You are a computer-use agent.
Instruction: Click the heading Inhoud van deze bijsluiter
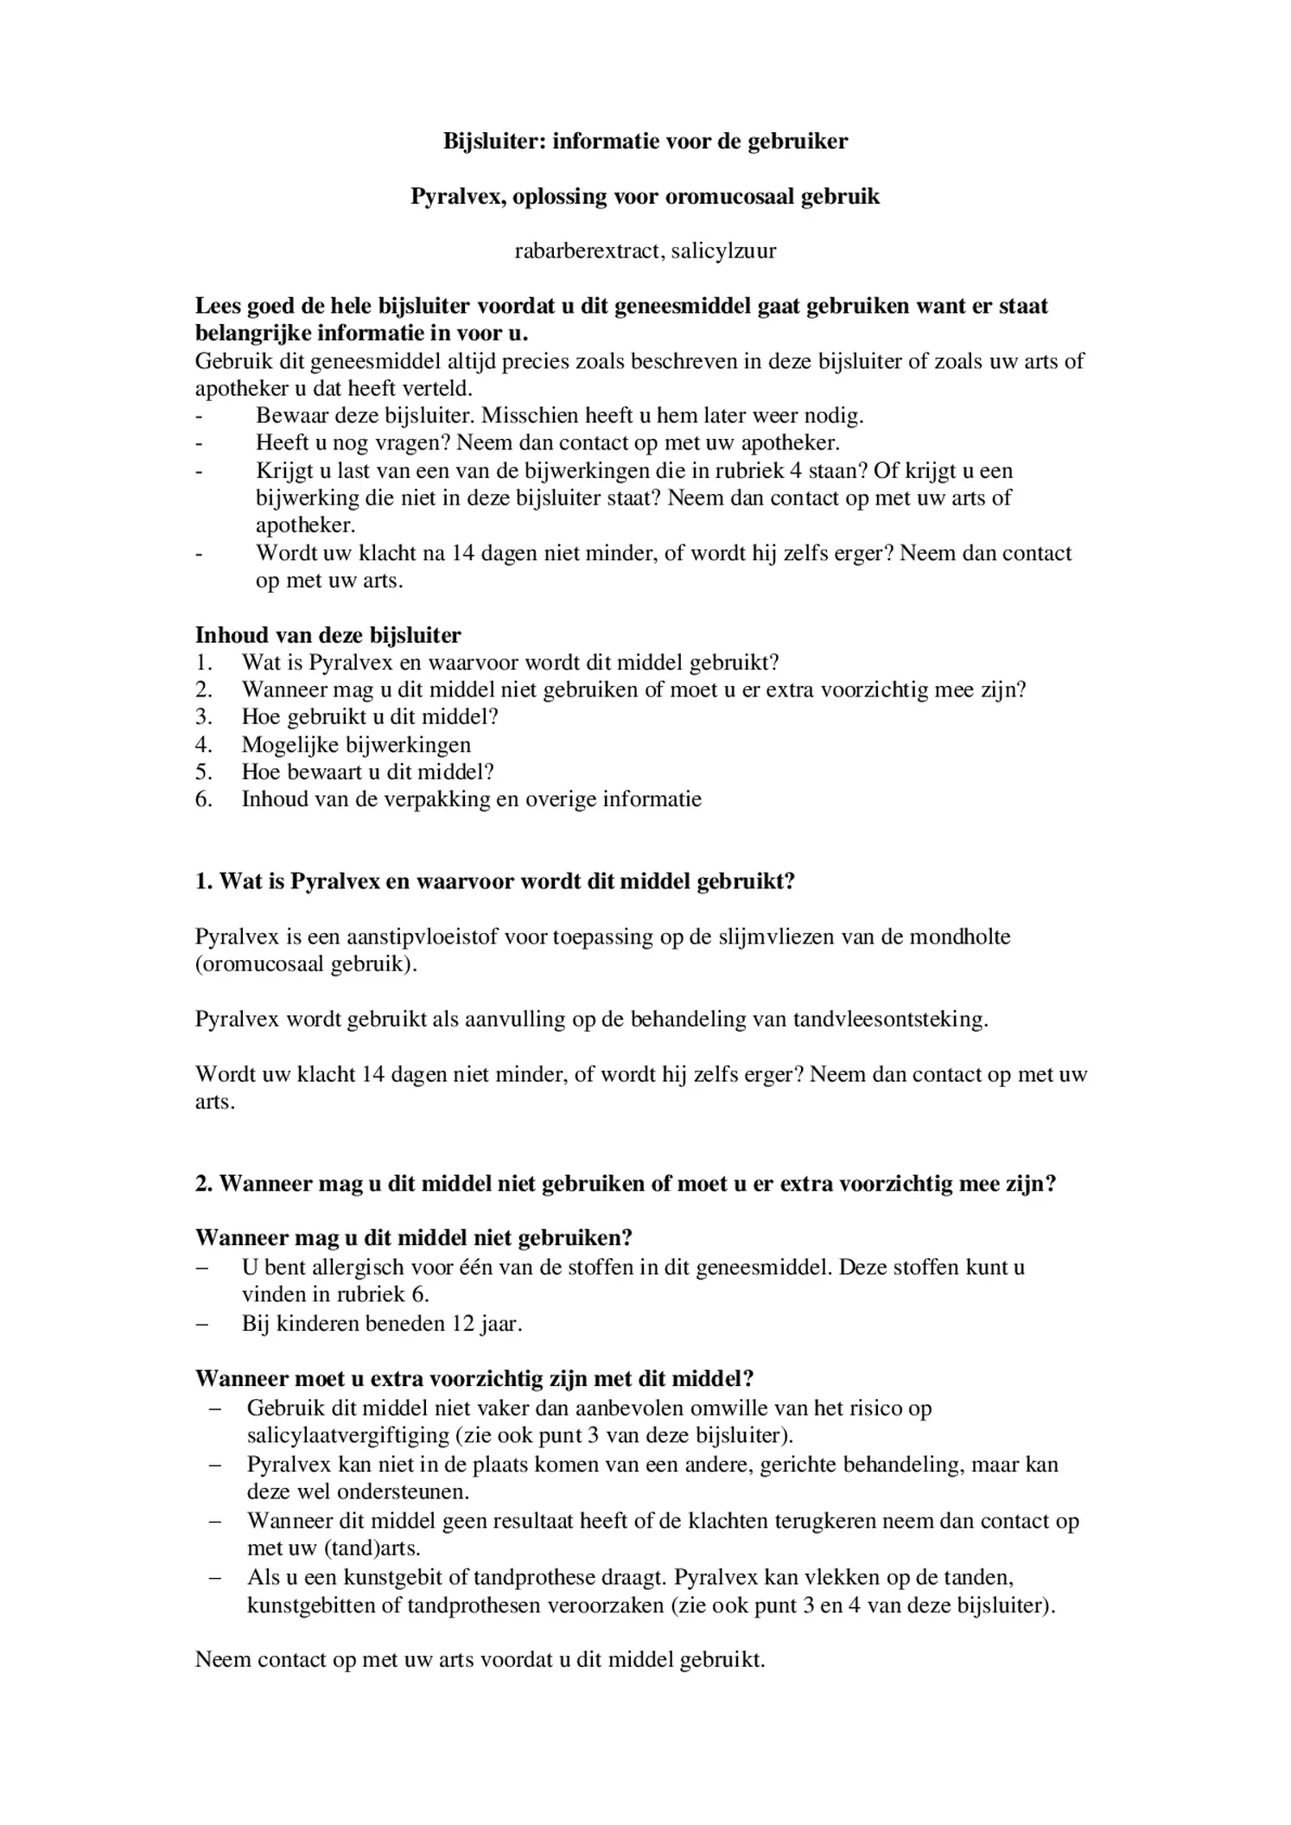click(x=328, y=635)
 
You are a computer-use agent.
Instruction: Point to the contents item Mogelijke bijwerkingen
click(x=356, y=745)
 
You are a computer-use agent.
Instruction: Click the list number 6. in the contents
click(x=203, y=799)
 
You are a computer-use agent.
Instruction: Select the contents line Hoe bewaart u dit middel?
click(x=367, y=773)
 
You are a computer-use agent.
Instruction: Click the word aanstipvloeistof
click(x=422, y=937)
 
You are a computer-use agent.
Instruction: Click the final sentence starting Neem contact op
click(x=480, y=1660)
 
